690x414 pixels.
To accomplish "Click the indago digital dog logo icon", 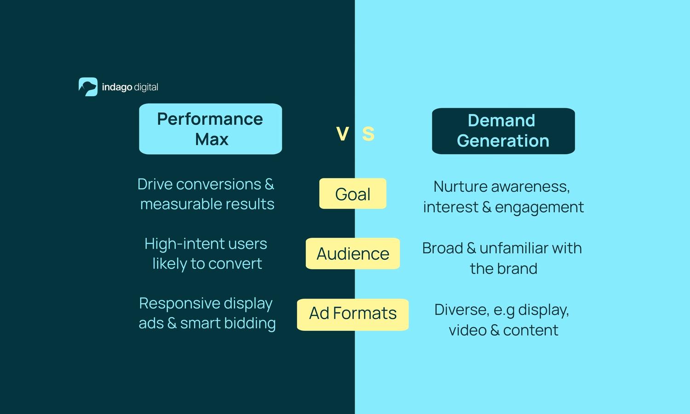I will (x=88, y=87).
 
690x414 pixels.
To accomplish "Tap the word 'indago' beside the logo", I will (x=117, y=87).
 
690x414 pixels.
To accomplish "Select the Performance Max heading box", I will (x=210, y=129).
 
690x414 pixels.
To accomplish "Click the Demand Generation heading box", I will (x=503, y=131).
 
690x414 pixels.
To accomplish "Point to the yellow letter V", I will (x=342, y=134).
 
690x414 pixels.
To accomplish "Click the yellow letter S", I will (x=368, y=134).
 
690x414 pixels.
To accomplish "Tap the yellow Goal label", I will (x=353, y=194).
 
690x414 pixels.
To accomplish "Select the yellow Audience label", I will (x=353, y=253).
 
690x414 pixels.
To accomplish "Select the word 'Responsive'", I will (x=173, y=304).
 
